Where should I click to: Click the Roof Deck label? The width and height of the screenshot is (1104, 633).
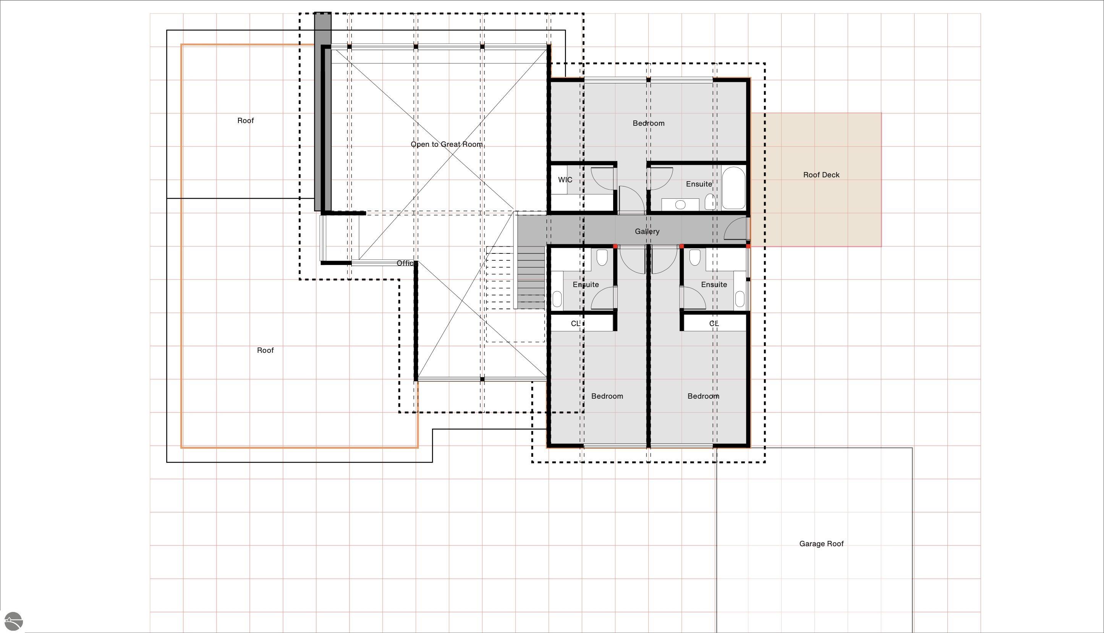coord(821,175)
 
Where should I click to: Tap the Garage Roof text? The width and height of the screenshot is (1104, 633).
coord(821,544)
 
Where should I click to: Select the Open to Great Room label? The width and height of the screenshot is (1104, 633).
coord(447,144)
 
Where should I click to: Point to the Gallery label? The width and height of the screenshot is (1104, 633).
coord(647,231)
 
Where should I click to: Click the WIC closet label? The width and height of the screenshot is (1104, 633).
coord(565,180)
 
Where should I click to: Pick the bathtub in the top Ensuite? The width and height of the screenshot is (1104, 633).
coord(733,188)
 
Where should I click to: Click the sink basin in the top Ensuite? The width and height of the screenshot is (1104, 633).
coord(680,205)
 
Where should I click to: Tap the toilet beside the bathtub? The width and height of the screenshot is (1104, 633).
coord(710,202)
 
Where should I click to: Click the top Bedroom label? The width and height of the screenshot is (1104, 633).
coord(648,123)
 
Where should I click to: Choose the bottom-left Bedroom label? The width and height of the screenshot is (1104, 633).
coord(607,396)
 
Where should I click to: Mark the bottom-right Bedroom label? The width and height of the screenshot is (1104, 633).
coord(703,396)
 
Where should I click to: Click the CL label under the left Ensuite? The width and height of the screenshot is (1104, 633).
coord(575,323)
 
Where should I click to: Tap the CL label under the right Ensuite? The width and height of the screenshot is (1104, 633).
coord(714,323)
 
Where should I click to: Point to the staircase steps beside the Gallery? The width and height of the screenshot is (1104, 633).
coord(531,278)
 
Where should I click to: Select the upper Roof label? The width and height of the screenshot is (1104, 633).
coord(246,120)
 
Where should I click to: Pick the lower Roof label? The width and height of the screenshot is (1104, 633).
coord(265,351)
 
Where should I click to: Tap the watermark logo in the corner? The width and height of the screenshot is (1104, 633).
coord(13,621)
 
